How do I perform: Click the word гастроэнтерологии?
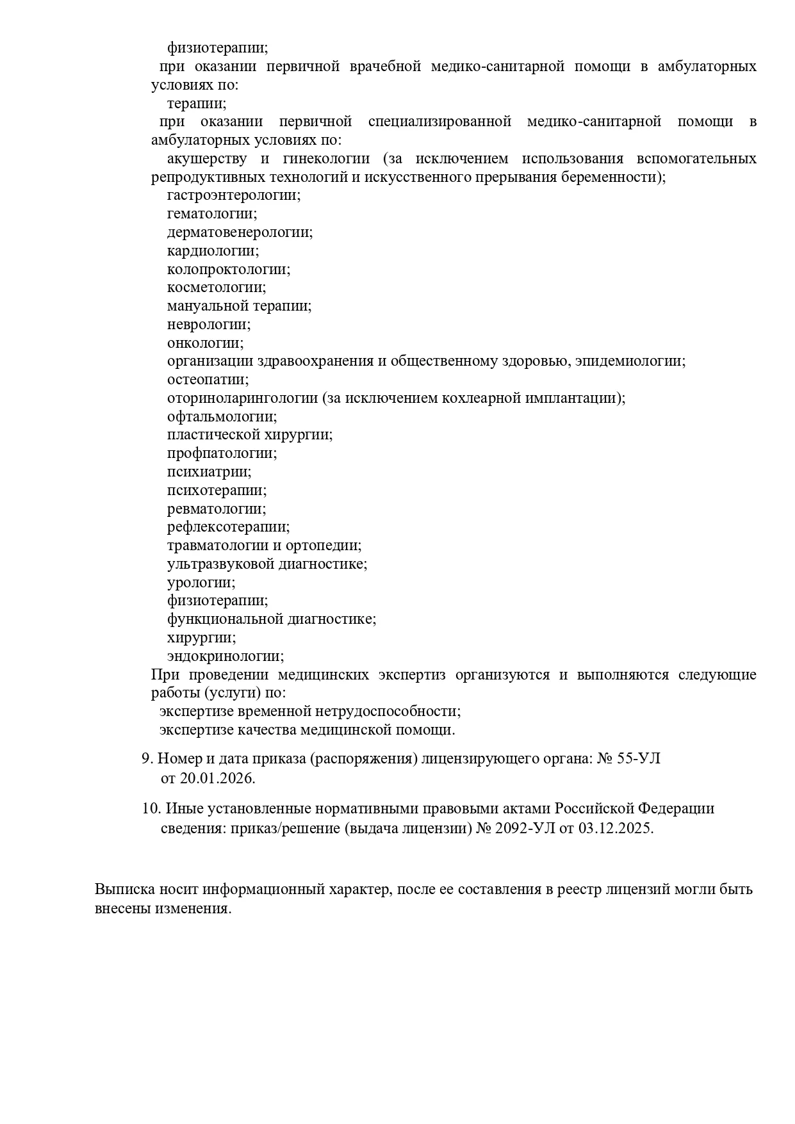point(233,195)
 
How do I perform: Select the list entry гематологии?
point(211,214)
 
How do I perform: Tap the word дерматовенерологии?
point(240,232)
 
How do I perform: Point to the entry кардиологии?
point(213,251)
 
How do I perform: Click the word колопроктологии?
point(228,270)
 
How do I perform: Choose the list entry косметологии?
point(216,288)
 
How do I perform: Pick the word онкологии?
point(205,343)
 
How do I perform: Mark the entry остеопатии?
point(208,380)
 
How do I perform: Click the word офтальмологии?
point(222,417)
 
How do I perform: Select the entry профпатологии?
point(222,453)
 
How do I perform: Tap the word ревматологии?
point(216,509)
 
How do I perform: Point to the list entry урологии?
point(201,583)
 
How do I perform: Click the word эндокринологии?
point(225,656)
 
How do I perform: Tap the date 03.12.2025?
point(615,828)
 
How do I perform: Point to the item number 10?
point(151,809)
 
